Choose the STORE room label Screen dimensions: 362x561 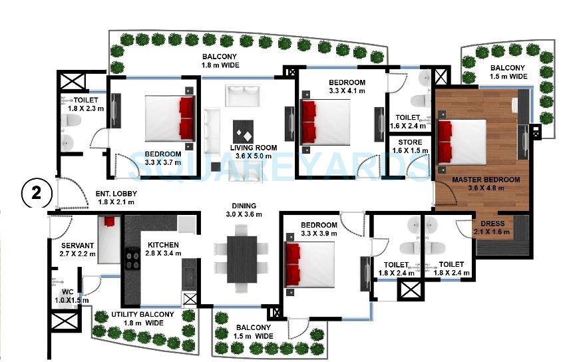pyautogui.click(x=409, y=142)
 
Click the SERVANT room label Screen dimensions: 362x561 pyautogui.click(x=77, y=246)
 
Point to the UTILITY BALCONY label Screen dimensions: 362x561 pyautogui.click(x=142, y=314)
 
